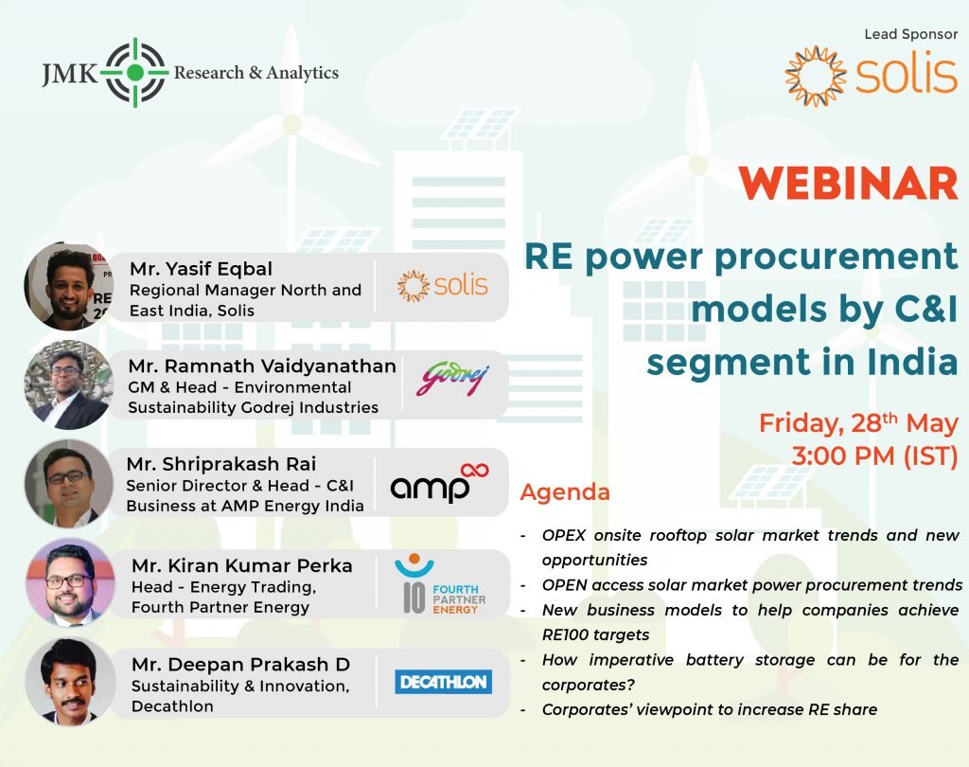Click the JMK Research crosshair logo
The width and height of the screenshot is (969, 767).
pyautogui.click(x=135, y=72)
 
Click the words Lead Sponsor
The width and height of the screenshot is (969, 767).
pyautogui.click(x=911, y=34)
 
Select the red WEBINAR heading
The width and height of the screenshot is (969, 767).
pyautogui.click(x=849, y=184)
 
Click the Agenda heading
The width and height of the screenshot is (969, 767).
pyautogui.click(x=565, y=492)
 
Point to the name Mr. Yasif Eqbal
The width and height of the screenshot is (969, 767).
pyautogui.click(x=201, y=269)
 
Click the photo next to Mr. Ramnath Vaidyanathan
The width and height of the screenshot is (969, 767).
pyautogui.click(x=68, y=384)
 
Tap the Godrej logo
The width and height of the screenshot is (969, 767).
pyautogui.click(x=452, y=379)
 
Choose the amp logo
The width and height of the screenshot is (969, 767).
pyautogui.click(x=439, y=483)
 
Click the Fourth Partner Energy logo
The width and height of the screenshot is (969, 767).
pyautogui.click(x=440, y=583)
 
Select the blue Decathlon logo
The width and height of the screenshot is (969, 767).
pyautogui.click(x=443, y=682)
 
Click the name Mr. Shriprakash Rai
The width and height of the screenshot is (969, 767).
pyautogui.click(x=221, y=465)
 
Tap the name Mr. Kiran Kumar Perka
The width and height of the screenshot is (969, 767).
pyautogui.click(x=242, y=566)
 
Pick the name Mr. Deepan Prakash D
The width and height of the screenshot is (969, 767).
pyautogui.click(x=240, y=665)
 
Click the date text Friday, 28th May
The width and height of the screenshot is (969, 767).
pyautogui.click(x=858, y=423)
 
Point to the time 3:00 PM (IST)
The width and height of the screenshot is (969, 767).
pyautogui.click(x=875, y=456)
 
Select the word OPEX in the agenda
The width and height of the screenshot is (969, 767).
pyautogui.click(x=564, y=536)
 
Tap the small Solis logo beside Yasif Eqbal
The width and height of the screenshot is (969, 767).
pyautogui.click(x=443, y=286)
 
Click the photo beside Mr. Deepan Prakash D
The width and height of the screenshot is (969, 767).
pyautogui.click(x=70, y=681)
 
